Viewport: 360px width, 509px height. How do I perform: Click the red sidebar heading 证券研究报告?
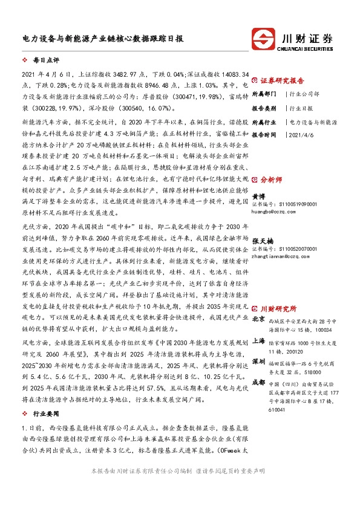click(x=282, y=80)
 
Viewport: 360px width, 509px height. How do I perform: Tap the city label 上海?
click(x=258, y=342)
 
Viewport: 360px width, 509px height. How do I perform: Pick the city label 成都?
click(x=258, y=382)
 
